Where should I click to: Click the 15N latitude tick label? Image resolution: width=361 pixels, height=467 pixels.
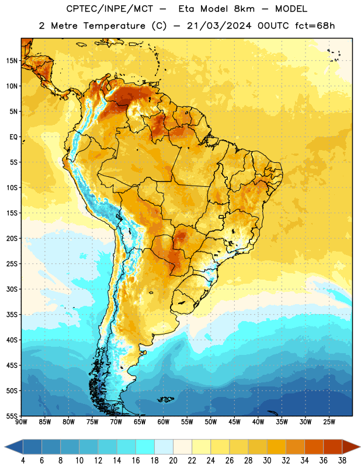(12, 61)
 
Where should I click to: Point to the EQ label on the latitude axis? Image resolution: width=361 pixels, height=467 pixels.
(13, 137)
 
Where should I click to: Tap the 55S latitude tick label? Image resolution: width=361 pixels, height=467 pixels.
(12, 416)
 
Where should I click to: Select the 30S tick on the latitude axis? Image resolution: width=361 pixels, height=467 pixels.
(12, 289)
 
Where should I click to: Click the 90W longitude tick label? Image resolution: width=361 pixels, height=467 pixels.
(21, 422)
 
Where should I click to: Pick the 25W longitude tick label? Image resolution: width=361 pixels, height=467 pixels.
(329, 422)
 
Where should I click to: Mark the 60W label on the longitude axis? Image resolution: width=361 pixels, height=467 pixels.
(164, 422)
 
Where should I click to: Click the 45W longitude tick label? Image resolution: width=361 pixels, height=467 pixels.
(234, 422)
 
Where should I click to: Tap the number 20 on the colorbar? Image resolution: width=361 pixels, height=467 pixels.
(173, 461)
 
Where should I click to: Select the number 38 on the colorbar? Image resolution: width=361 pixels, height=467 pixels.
(342, 461)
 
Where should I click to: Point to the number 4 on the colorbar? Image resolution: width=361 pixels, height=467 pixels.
(23, 461)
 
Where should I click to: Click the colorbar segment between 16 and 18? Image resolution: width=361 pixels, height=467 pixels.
(145, 447)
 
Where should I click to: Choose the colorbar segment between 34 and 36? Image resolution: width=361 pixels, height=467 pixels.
(314, 447)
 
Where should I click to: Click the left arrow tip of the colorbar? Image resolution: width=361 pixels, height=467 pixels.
(5, 447)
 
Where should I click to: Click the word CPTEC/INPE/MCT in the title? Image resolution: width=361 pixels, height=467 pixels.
(110, 9)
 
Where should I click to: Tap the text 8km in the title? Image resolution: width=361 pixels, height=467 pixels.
(244, 9)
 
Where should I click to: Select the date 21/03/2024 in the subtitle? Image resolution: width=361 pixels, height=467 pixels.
(219, 26)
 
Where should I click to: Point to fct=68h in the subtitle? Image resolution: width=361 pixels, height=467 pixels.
(315, 26)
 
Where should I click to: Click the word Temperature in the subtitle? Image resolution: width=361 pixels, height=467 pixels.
(114, 26)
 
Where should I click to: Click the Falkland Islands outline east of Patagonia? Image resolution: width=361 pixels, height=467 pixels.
(165, 399)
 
